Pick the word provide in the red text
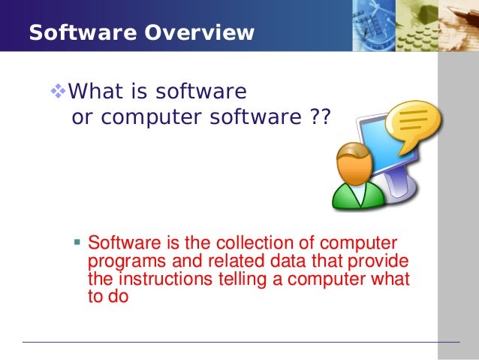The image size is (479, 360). [381, 262]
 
